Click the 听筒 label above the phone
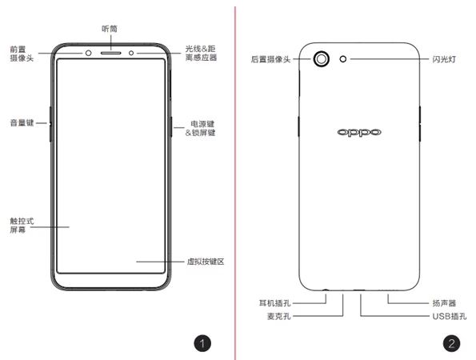click(x=110, y=29)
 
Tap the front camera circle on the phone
click(x=88, y=53)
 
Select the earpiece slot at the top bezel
click(x=111, y=53)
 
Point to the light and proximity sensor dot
click(x=131, y=53)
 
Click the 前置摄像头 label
click(x=22, y=54)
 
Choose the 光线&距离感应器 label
click(x=201, y=53)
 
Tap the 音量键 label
click(x=22, y=123)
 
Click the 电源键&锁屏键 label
click(x=200, y=128)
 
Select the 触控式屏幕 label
click(x=22, y=226)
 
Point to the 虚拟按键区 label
click(x=206, y=262)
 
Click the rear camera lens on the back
click(x=321, y=58)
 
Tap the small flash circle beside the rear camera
click(x=343, y=59)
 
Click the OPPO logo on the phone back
click(x=359, y=132)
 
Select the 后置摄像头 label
click(x=270, y=59)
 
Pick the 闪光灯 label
click(x=444, y=59)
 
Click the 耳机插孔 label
click(x=274, y=303)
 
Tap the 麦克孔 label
click(x=278, y=316)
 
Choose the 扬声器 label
click(x=444, y=303)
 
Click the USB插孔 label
click(x=450, y=316)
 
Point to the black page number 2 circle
click(x=451, y=344)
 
